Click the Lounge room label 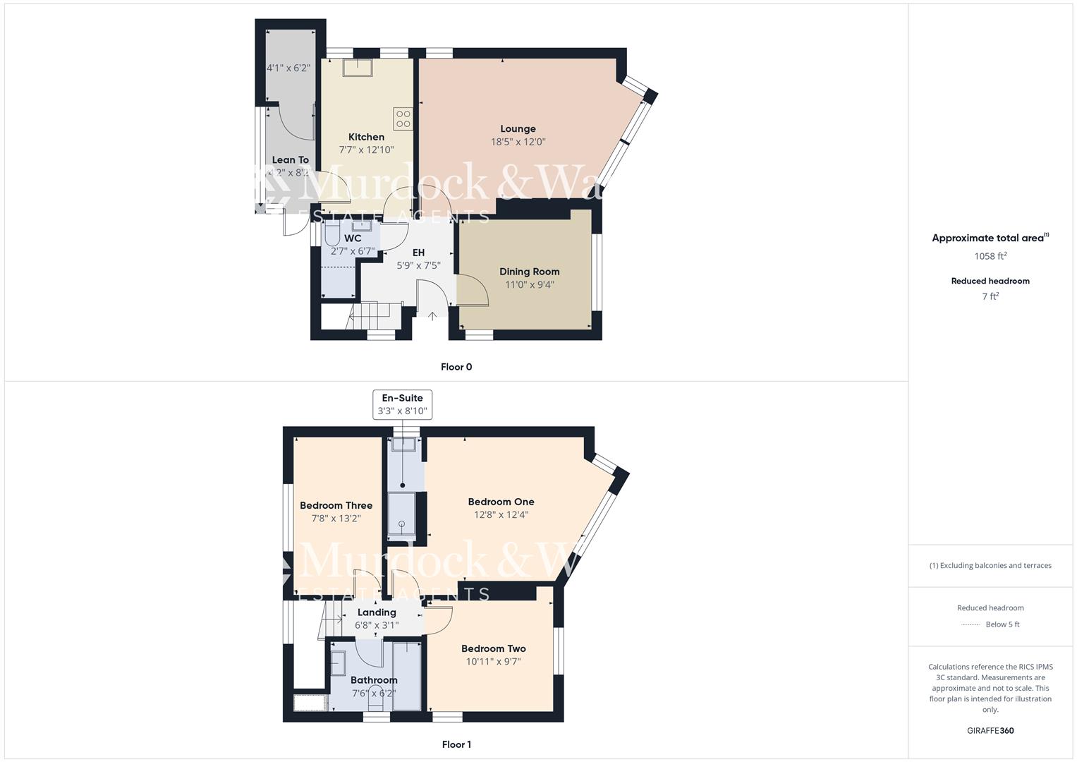coord(518,129)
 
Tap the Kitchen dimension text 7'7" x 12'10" coord(366,150)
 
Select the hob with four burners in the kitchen coord(403,119)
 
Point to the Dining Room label coord(529,272)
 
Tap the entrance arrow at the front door coord(432,316)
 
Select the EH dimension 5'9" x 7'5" coord(418,265)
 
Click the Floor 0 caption coord(456,367)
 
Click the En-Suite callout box coord(402,405)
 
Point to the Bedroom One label coord(501,502)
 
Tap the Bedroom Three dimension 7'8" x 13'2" coord(336,519)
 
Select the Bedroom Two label coord(493,649)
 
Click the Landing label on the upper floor coord(377,612)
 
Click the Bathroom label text coord(374,680)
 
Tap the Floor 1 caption coord(456,744)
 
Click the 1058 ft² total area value coord(990,256)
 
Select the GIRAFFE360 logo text coord(990,730)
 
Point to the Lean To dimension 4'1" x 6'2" coord(288,68)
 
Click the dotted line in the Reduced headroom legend coord(970,624)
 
